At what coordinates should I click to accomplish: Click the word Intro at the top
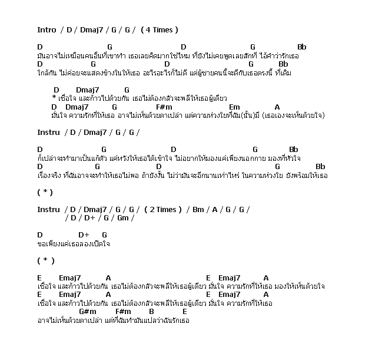coord(46,29)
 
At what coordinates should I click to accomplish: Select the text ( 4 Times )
coord(160,29)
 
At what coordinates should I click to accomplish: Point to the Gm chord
coord(122,218)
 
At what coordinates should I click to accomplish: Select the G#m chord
coord(87,311)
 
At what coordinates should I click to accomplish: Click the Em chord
coord(234,107)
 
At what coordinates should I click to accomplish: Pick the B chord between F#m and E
coord(151,311)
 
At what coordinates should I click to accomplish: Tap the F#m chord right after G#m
coord(123,311)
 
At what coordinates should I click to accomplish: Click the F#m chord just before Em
coord(164,107)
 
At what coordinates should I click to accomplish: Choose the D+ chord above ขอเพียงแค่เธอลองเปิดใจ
coord(83,235)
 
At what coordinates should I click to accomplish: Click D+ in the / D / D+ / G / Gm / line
coord(88,218)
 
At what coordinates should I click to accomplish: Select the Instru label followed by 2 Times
coord(48,209)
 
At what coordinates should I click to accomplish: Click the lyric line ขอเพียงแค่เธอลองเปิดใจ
coord(74,243)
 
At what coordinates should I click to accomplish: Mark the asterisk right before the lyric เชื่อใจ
coord(54,98)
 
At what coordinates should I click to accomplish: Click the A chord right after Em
coord(277,107)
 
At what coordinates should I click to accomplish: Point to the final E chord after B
coord(184,311)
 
